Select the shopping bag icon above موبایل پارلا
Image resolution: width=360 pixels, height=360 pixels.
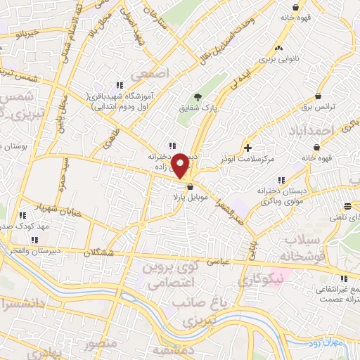pyautogui.click(x=190, y=186)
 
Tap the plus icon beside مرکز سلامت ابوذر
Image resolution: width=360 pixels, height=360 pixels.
pyautogui.click(x=247, y=148)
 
